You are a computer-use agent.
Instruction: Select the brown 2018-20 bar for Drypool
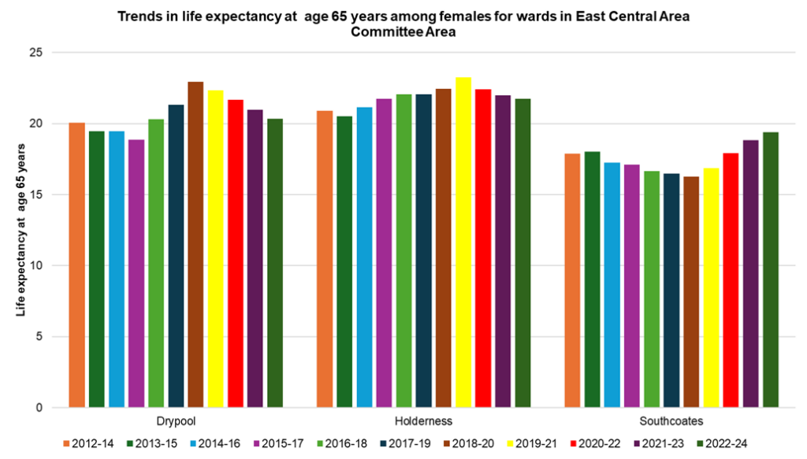pos(195,245)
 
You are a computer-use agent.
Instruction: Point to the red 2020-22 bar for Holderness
pos(482,249)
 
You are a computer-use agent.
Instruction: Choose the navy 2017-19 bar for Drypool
pos(176,257)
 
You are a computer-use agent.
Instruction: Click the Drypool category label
pos(176,421)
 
